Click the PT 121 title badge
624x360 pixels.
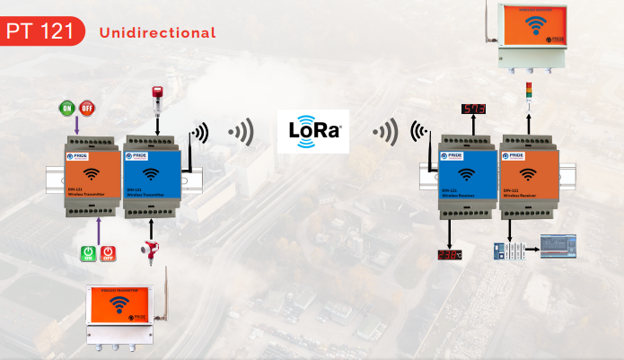point(43,32)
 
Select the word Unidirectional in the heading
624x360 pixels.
point(158,33)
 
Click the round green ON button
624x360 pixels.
point(67,109)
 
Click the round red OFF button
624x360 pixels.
point(87,109)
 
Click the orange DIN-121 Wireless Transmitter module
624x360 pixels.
point(91,176)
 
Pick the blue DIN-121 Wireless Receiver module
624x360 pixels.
point(467,176)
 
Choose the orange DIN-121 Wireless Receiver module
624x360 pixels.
point(529,176)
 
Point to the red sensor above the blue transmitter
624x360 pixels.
point(158,97)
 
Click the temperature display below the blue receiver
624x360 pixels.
point(450,254)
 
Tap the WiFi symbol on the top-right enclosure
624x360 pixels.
point(536,26)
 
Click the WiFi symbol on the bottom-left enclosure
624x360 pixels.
point(118,304)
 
